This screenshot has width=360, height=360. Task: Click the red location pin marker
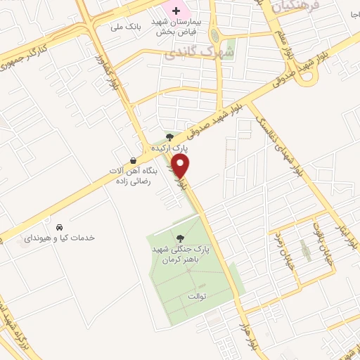181,167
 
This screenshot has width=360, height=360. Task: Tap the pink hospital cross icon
175,11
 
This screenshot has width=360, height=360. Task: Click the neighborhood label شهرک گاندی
188,52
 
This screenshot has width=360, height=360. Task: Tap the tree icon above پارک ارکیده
169,136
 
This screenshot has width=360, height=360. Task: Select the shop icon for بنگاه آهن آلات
134,160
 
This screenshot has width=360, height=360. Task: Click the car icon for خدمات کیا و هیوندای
60,227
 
